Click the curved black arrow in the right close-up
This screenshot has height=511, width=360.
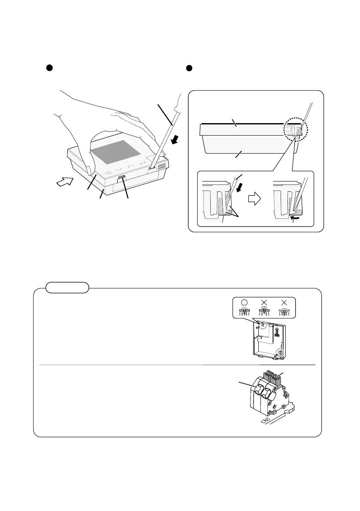[x=299, y=219]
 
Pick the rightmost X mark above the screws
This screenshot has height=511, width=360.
[x=284, y=302]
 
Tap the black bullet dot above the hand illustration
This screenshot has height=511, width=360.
[x=49, y=69]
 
